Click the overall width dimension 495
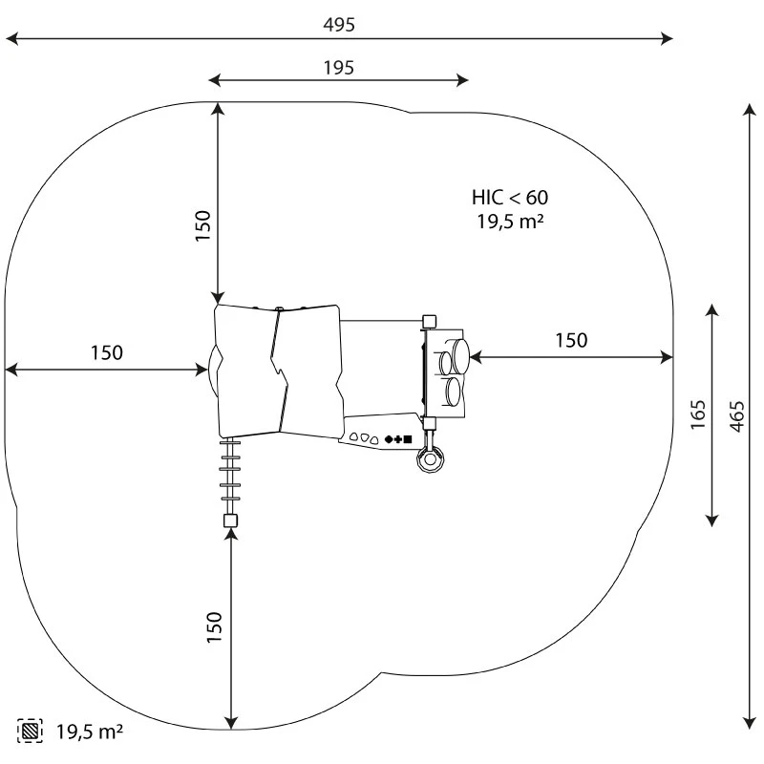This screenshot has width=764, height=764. (x=339, y=25)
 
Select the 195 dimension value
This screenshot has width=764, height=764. (x=339, y=67)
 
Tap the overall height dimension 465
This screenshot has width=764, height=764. (x=736, y=415)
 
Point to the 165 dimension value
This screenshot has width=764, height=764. (x=698, y=415)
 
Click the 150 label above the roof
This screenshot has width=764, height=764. (x=203, y=226)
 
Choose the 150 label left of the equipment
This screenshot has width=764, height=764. (x=107, y=352)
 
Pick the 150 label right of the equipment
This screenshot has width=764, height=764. (x=571, y=341)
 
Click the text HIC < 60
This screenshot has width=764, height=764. (x=510, y=198)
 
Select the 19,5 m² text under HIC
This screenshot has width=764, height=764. (x=510, y=222)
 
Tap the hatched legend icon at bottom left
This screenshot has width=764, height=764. (x=31, y=732)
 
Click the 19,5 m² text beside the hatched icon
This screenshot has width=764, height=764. (x=90, y=732)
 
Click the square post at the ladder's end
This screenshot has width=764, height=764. (x=229, y=520)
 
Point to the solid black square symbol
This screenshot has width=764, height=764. (x=408, y=439)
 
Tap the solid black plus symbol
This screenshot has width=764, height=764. (x=398, y=439)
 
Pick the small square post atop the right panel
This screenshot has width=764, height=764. (x=429, y=321)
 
